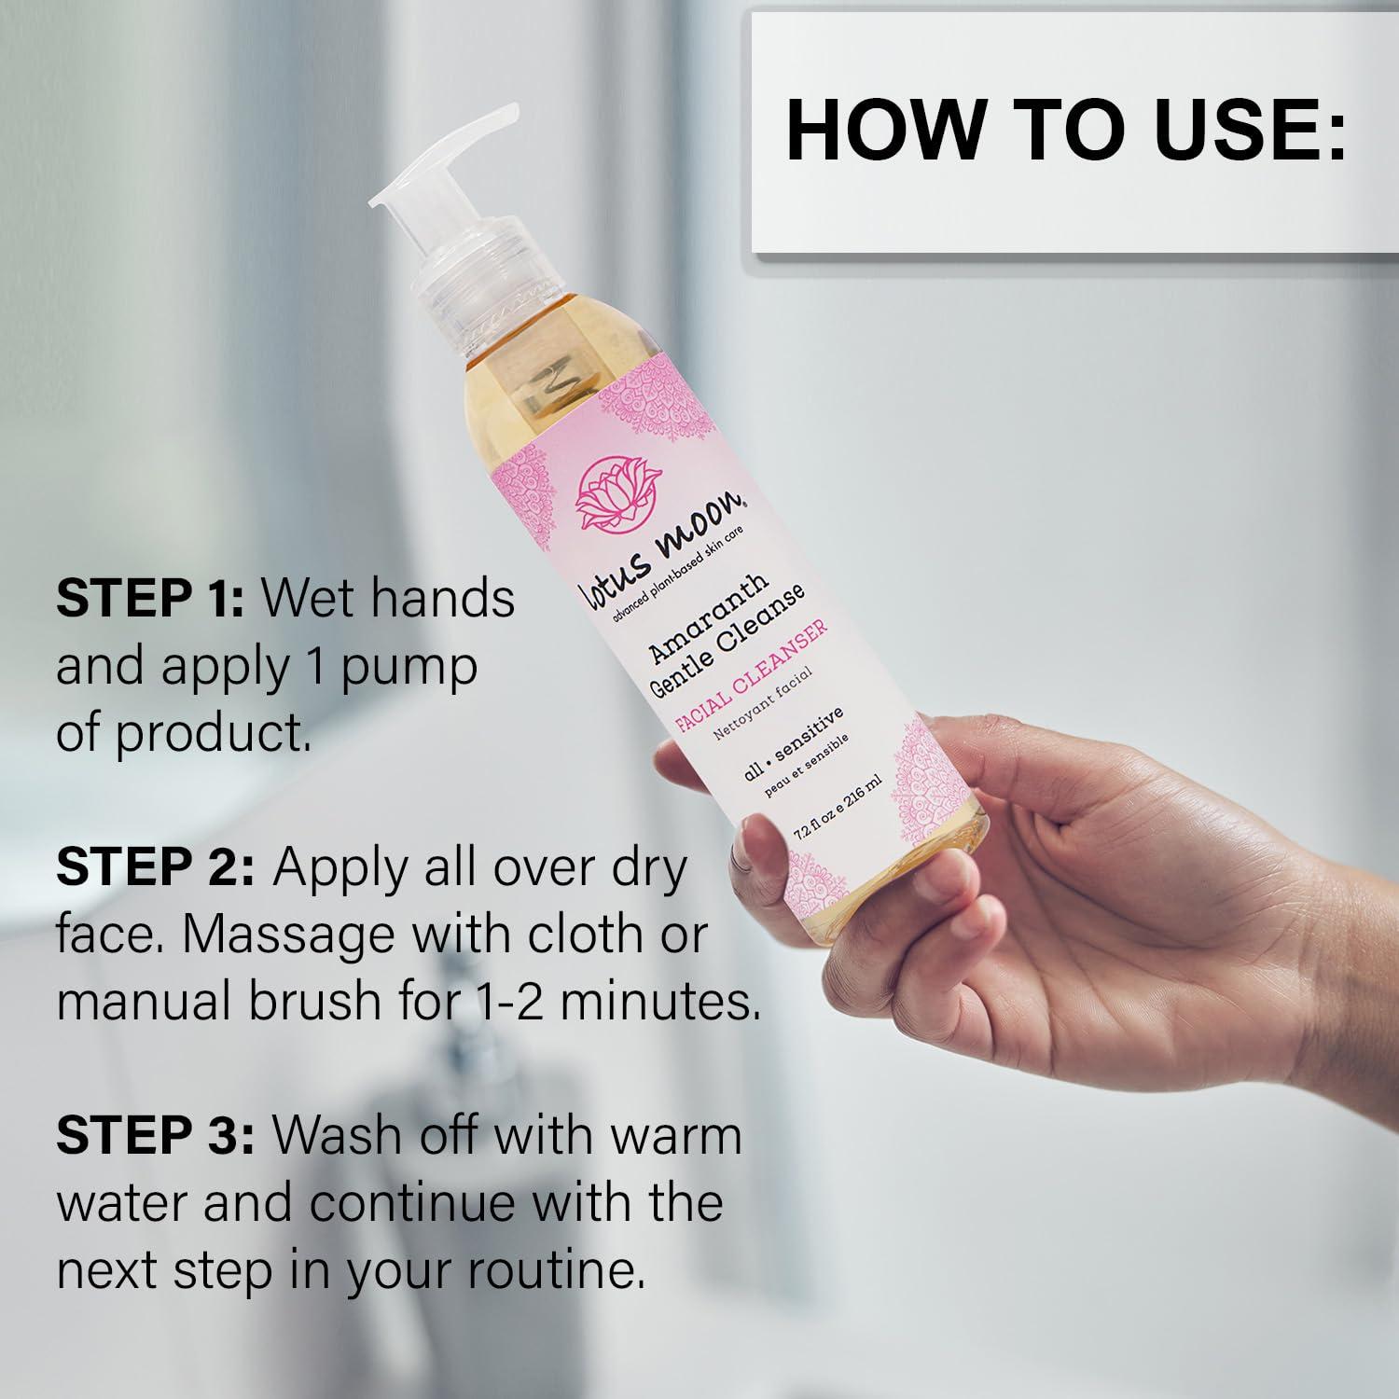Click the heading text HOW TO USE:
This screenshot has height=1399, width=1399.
tap(1067, 131)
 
